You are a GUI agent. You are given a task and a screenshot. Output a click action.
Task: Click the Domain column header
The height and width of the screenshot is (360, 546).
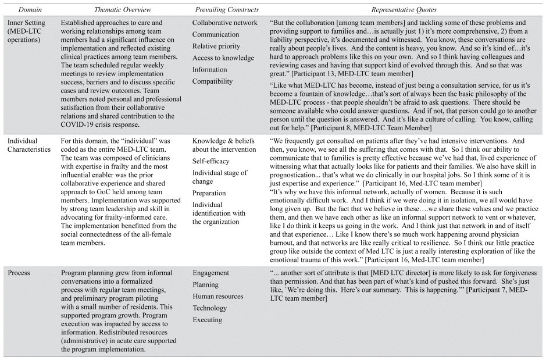[19, 10]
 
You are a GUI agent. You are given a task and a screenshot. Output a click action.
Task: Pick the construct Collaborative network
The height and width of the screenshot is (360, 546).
[224, 23]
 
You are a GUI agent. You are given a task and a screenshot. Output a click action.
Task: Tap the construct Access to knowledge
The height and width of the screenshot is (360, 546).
[223, 58]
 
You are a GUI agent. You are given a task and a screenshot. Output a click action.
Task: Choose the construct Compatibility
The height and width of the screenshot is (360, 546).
[212, 81]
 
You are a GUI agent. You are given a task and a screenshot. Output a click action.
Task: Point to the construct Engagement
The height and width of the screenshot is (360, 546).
[211, 272]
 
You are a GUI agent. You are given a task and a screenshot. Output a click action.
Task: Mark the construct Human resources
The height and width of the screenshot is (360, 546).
[218, 296]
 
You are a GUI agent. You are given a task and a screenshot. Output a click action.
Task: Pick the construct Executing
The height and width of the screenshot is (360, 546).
[208, 319]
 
